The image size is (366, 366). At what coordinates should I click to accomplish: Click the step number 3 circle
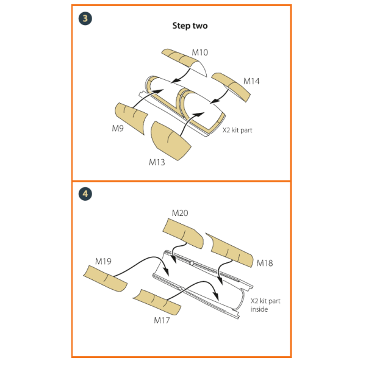[85, 18]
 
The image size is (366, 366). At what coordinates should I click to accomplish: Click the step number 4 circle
[85, 194]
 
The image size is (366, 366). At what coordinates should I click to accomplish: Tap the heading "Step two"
[190, 26]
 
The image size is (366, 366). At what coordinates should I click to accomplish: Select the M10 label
[200, 52]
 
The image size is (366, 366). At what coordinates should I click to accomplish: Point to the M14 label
[251, 81]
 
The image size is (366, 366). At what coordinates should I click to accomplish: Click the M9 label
[118, 128]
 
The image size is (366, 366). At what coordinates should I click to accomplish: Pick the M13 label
[157, 162]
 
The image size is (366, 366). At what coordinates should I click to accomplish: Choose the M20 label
[180, 213]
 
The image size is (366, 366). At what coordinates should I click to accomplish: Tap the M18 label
[265, 263]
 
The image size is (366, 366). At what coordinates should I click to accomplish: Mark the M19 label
[103, 261]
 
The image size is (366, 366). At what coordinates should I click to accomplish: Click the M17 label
[162, 320]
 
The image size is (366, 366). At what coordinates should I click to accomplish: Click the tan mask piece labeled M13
[170, 141]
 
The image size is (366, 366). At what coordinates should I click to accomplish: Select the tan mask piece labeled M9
[131, 117]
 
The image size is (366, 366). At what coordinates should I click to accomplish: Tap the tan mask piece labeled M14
[232, 86]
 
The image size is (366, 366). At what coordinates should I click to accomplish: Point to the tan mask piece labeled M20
[183, 234]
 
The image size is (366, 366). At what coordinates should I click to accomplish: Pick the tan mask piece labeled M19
[106, 279]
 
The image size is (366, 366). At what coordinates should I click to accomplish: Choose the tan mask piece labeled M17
[157, 301]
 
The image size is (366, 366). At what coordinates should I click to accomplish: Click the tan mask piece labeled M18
[230, 249]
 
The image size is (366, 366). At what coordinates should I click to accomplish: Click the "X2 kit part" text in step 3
[237, 131]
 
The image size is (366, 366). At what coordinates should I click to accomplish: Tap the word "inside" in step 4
[259, 309]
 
